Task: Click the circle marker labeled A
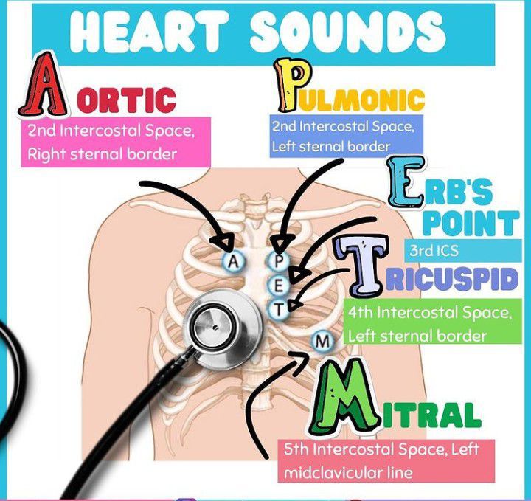coord(232,261)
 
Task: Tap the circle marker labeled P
coord(279,262)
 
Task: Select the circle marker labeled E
coord(278,286)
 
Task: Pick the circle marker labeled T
coord(278,309)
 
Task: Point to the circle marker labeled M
coord(322,341)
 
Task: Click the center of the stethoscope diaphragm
coord(215,327)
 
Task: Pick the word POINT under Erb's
coord(471,223)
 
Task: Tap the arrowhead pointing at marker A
coord(224,243)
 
